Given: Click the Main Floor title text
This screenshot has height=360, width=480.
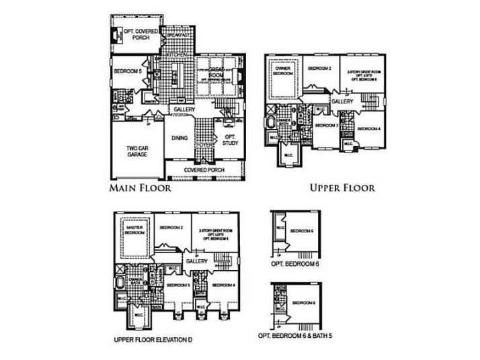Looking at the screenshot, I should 140,189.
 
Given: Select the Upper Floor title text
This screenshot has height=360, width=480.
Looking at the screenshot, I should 342,188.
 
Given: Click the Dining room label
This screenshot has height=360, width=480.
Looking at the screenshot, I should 179,138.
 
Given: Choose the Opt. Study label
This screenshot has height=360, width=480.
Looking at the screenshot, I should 229,139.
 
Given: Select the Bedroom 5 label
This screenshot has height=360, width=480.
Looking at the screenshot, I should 127,71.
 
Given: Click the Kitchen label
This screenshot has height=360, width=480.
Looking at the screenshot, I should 177,54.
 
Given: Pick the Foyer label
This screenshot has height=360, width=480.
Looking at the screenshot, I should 204,144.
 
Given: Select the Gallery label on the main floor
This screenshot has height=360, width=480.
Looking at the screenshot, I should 184,109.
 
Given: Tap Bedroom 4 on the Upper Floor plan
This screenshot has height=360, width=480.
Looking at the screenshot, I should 368,128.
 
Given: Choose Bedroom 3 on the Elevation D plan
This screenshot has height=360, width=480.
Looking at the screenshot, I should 177,285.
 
